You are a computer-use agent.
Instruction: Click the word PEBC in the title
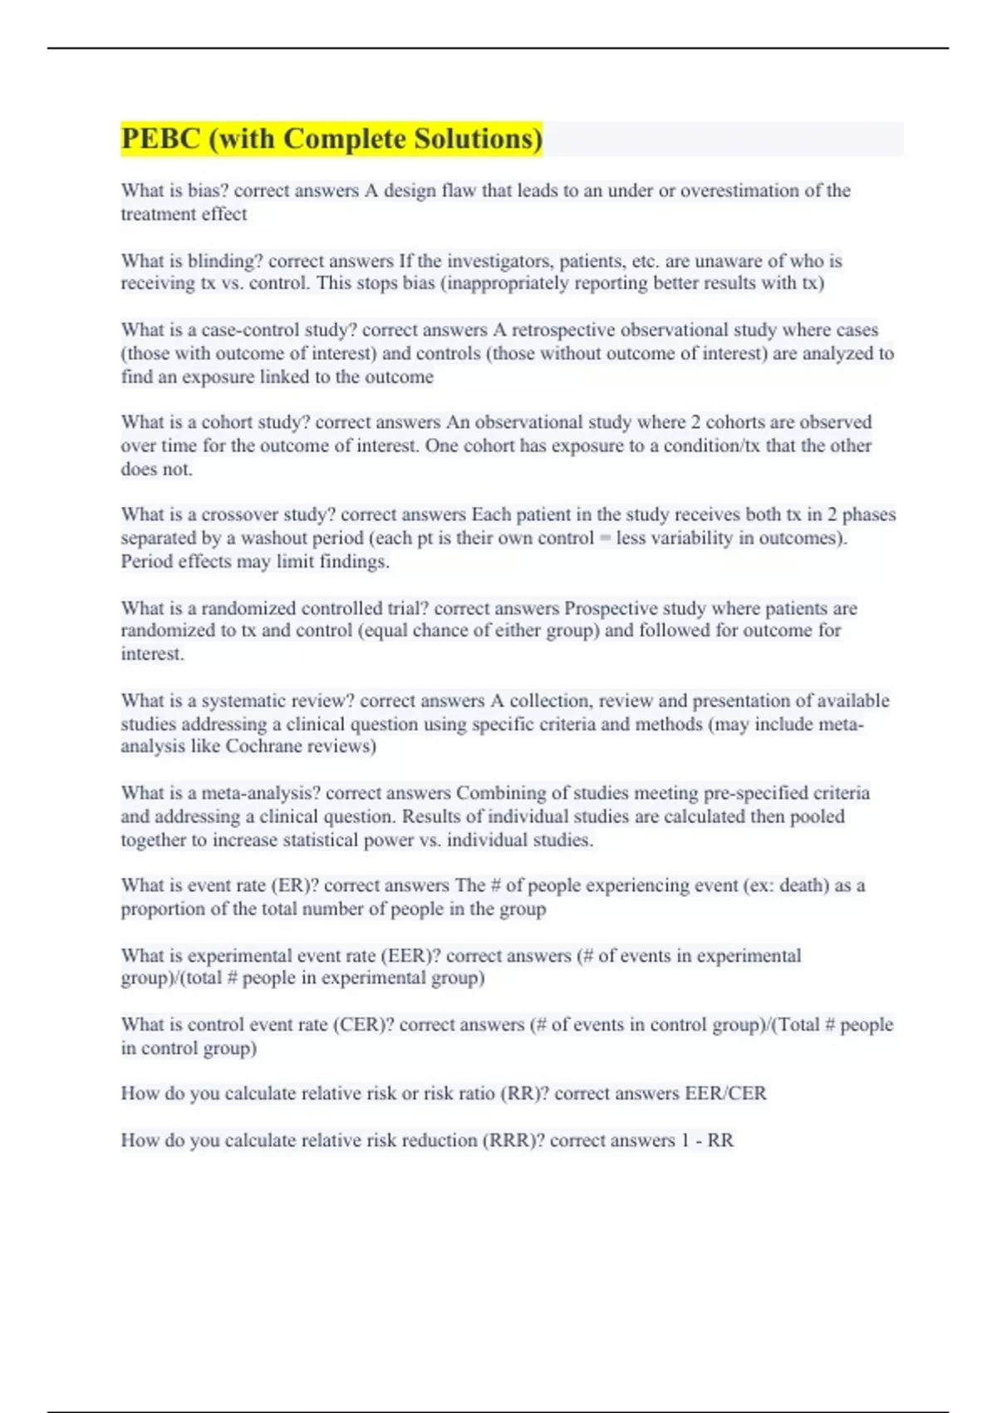pos(160,139)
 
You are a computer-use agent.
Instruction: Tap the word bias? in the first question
pos(208,190)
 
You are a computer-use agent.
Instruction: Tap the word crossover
pos(239,514)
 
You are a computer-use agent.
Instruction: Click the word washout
pos(274,538)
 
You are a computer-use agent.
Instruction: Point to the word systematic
pos(241,701)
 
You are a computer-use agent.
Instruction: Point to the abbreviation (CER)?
pos(363,1025)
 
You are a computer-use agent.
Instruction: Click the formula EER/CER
pos(724,1093)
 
